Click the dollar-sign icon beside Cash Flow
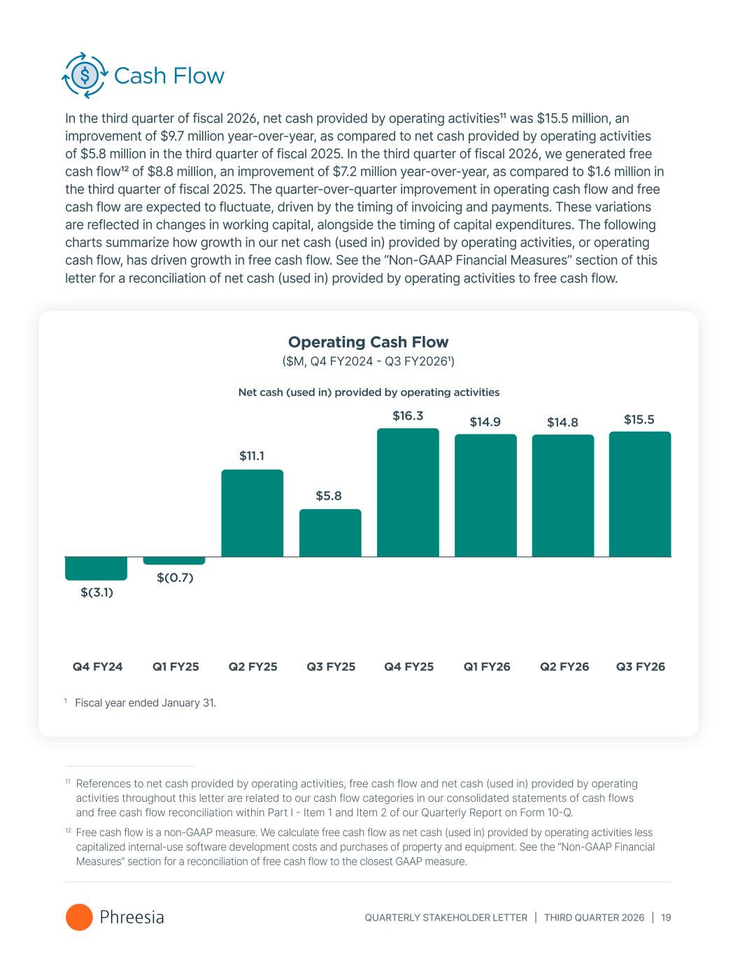[x=85, y=75]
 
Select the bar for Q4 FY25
[x=408, y=493]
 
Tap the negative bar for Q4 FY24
[x=96, y=568]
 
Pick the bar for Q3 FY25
[x=330, y=533]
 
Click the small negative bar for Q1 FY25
[x=174, y=560]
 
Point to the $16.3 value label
[x=408, y=416]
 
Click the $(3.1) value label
[x=97, y=593]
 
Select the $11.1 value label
[x=252, y=456]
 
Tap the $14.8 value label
[x=562, y=422]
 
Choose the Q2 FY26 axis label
[x=564, y=667]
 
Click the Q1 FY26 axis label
[x=487, y=667]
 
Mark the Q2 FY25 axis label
[x=253, y=667]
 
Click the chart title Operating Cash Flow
[x=368, y=342]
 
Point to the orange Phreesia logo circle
[x=79, y=917]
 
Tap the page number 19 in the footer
[x=665, y=917]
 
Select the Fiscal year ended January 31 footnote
[x=145, y=702]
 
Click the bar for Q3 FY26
[x=640, y=494]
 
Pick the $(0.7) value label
[x=175, y=577]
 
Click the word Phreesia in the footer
[x=132, y=917]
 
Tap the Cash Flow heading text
[x=169, y=76]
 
